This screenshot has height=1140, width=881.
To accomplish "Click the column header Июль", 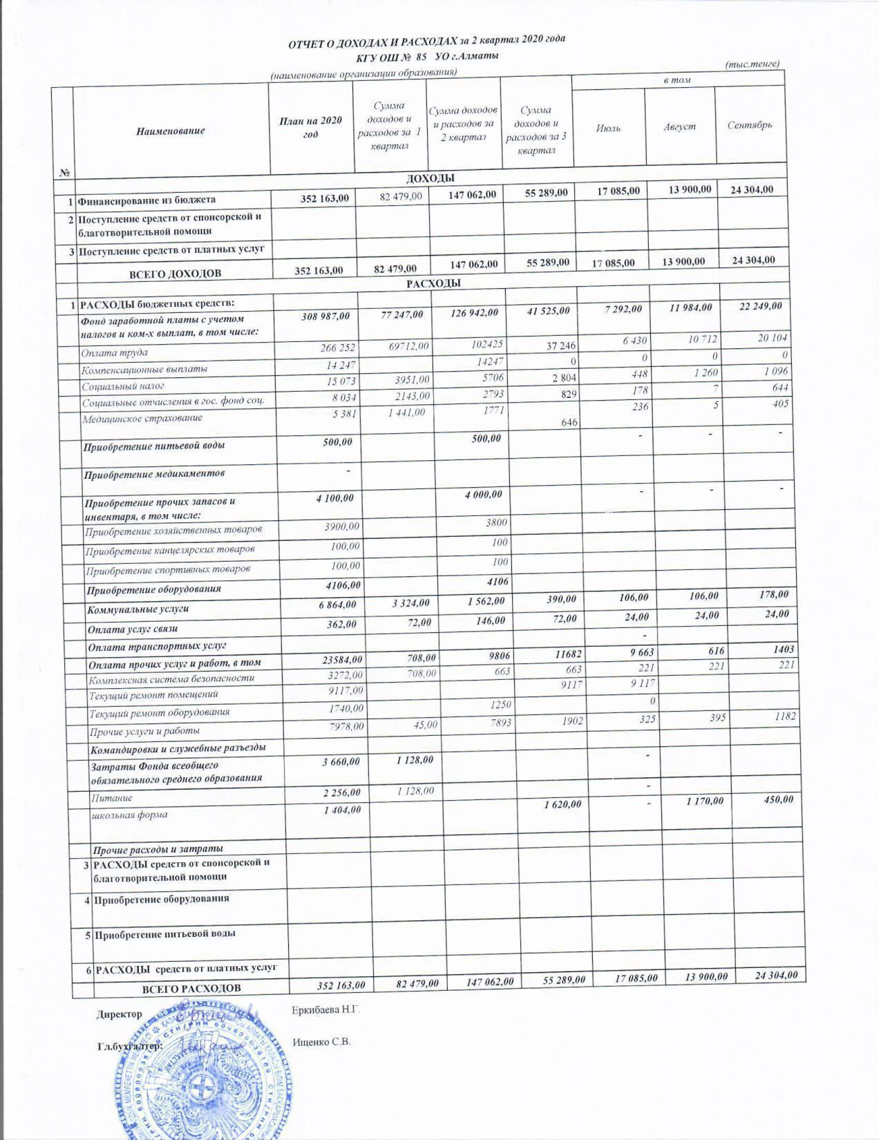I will [x=608, y=128].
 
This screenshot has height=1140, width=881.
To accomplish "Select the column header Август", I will [x=679, y=126].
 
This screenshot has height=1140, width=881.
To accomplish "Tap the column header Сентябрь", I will [x=750, y=125].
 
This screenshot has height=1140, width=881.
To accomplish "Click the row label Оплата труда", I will [x=114, y=353].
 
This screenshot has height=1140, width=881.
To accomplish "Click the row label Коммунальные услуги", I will [x=138, y=610].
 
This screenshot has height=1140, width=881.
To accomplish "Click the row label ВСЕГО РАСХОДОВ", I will [x=191, y=988].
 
